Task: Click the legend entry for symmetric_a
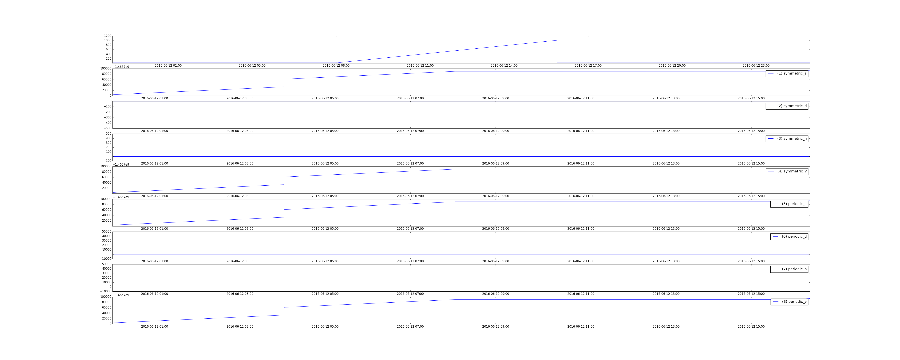click(x=787, y=73)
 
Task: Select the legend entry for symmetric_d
click(x=787, y=106)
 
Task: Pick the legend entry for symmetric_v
click(x=787, y=171)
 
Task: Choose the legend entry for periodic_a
click(x=789, y=204)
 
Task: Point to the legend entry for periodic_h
click(x=789, y=269)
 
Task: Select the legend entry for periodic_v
click(x=789, y=302)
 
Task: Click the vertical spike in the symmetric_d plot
click(x=284, y=115)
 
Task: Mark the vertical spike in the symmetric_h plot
click(x=284, y=145)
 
